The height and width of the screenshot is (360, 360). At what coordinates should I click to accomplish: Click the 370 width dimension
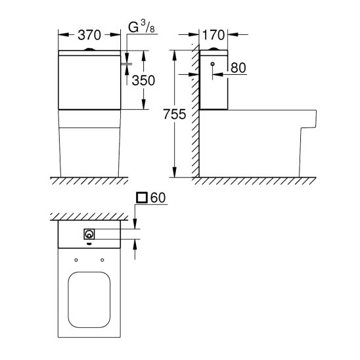coord(89,35)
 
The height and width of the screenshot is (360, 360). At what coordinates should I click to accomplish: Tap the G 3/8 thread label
coord(141,26)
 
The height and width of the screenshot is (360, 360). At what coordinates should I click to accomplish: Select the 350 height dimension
coord(143,80)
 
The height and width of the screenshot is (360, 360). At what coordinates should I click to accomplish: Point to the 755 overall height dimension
coord(175,114)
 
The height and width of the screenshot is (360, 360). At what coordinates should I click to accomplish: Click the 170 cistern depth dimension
coord(214,35)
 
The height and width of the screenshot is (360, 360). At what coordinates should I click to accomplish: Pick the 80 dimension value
coord(238,68)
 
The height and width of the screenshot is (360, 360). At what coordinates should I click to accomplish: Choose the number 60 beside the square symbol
coord(158,198)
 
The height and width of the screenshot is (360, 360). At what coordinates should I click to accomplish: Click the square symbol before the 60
coord(142,198)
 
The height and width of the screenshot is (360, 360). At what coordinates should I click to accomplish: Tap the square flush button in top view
coord(89,234)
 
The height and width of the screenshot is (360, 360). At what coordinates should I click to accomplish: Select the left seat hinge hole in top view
coord(76,260)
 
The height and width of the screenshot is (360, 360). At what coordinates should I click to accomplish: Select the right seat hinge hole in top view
coord(102,260)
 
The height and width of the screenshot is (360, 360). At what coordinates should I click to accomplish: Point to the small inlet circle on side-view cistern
coord(213,64)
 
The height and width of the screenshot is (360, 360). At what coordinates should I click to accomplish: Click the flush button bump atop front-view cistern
coord(89,49)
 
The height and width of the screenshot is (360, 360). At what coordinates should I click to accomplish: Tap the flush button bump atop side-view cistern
coord(214,49)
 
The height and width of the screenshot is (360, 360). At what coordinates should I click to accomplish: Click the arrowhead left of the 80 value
coord(218,74)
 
